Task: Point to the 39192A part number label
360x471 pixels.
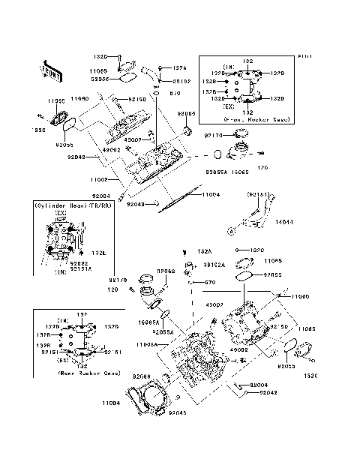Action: pyautogui.click(x=214, y=265)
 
